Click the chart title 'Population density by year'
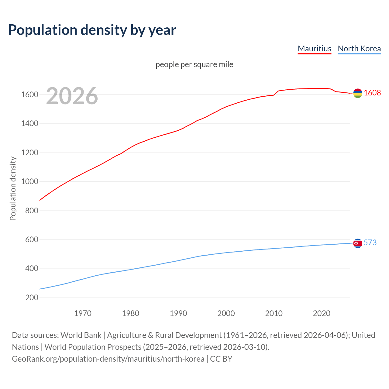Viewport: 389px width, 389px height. coord(92,30)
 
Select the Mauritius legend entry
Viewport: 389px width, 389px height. coord(314,49)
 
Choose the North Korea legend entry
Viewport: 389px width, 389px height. coord(359,49)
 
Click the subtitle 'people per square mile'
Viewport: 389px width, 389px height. coord(194,64)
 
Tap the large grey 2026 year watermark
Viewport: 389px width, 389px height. coord(72,96)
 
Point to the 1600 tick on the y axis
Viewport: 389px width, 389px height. coord(29,95)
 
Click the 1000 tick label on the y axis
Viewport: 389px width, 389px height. coord(29,181)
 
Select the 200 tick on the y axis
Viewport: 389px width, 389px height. coord(32,298)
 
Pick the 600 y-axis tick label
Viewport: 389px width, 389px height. coord(32,239)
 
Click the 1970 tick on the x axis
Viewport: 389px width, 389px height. coord(83,313)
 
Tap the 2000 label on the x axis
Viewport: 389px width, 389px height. coord(226,313)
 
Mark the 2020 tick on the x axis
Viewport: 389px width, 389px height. coord(322,313)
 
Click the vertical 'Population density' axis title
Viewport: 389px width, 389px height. coord(13,188)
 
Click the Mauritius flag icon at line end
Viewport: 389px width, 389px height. coord(358,93)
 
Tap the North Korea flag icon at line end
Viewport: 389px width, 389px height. coord(358,243)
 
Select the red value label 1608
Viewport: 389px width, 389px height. coord(372,93)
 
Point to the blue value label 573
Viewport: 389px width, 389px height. coord(370,243)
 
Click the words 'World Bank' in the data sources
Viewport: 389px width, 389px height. coord(81,335)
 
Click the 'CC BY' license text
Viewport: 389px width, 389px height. coord(221,359)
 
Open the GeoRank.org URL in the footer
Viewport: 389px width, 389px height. coord(108,359)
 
